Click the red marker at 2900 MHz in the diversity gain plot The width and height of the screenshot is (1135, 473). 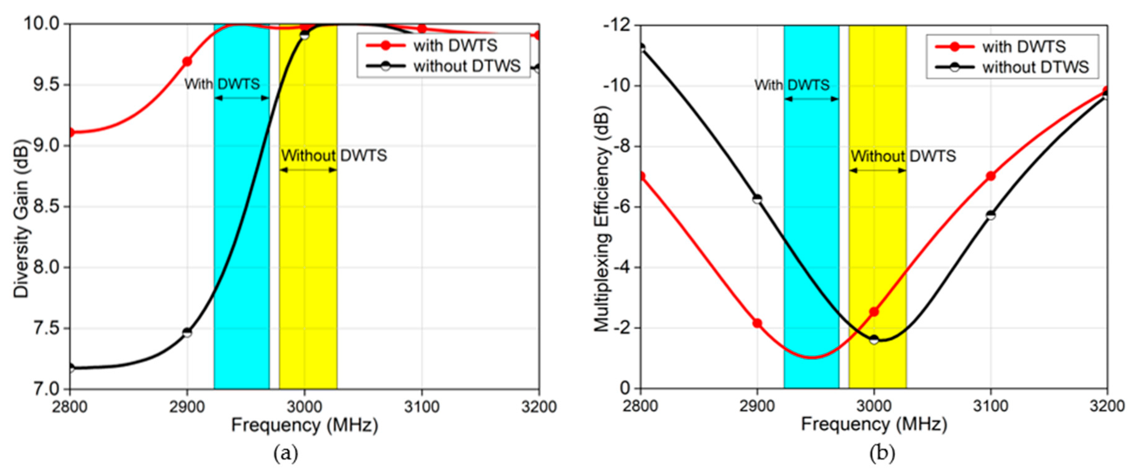(187, 62)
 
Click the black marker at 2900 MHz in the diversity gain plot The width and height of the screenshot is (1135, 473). (187, 332)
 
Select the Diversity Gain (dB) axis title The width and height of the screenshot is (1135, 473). (21, 219)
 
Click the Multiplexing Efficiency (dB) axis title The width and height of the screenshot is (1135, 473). (602, 219)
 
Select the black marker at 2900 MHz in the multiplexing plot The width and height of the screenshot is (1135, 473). (757, 199)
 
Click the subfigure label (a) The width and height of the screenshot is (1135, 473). (285, 453)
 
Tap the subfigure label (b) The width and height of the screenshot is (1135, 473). (882, 453)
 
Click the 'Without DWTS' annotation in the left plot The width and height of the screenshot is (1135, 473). (334, 155)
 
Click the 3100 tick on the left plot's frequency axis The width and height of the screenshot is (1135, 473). (422, 407)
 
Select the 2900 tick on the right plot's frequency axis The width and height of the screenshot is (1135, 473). (757, 406)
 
